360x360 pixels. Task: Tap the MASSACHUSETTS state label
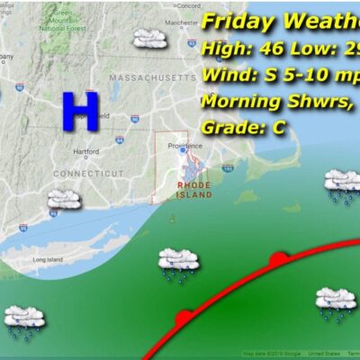(x=151, y=79)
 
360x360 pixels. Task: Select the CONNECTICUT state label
(x=87, y=172)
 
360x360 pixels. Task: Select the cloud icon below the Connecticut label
(x=63, y=199)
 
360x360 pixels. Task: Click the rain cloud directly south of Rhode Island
(x=177, y=263)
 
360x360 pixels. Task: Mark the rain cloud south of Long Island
(x=24, y=319)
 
